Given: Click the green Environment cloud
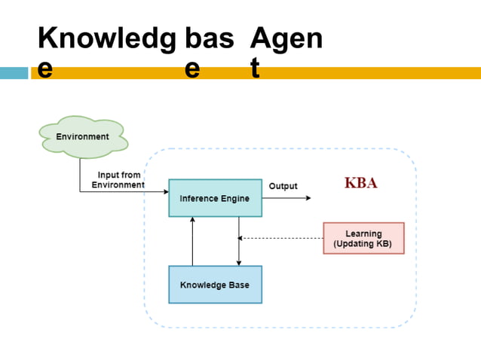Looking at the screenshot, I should click(x=83, y=137).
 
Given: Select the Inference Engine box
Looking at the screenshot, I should click(x=215, y=198).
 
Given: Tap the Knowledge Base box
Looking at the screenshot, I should click(x=215, y=285).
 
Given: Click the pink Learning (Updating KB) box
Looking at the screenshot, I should click(x=363, y=238).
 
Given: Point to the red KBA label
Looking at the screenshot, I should click(x=360, y=183).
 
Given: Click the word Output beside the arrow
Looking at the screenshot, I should click(x=283, y=186).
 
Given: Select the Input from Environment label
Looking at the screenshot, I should click(x=118, y=179).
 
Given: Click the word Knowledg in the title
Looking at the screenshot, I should click(x=106, y=38).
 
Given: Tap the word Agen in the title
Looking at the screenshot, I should click(x=286, y=38).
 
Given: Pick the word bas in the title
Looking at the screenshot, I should click(x=209, y=38).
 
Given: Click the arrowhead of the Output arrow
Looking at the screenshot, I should click(x=307, y=198).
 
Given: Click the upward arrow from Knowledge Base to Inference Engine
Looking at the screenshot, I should click(x=193, y=241).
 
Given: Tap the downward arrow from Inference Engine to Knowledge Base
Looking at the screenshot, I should click(x=239, y=241).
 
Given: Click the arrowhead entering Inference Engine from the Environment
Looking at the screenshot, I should click(x=165, y=192).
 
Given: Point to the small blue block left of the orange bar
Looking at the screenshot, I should click(x=14, y=73).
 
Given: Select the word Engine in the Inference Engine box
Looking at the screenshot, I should click(x=234, y=199).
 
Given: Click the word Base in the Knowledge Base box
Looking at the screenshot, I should click(x=236, y=285).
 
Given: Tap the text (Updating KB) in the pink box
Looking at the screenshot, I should click(x=363, y=244).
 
